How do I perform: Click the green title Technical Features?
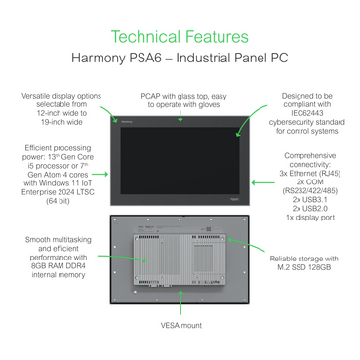[180, 37]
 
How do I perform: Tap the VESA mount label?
[181, 325]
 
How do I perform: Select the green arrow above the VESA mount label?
[180, 302]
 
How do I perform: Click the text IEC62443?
[307, 113]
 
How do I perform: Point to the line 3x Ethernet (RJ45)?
[310, 173]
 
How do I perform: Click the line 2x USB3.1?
[309, 199]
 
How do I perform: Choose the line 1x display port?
[310, 218]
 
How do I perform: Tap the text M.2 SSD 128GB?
[304, 267]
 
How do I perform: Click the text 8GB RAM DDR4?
[59, 266]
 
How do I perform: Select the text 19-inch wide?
[61, 122]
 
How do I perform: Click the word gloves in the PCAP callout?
[209, 104]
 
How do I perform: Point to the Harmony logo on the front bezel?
[127, 122]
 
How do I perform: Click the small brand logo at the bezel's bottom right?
[234, 199]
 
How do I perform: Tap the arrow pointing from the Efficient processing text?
[100, 174]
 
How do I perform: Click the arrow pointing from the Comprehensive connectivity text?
[262, 182]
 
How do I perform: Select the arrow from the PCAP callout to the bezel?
[180, 116]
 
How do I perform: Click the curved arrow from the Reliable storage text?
[246, 243]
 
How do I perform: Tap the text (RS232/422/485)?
[310, 190]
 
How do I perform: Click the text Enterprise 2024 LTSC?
[58, 192]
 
